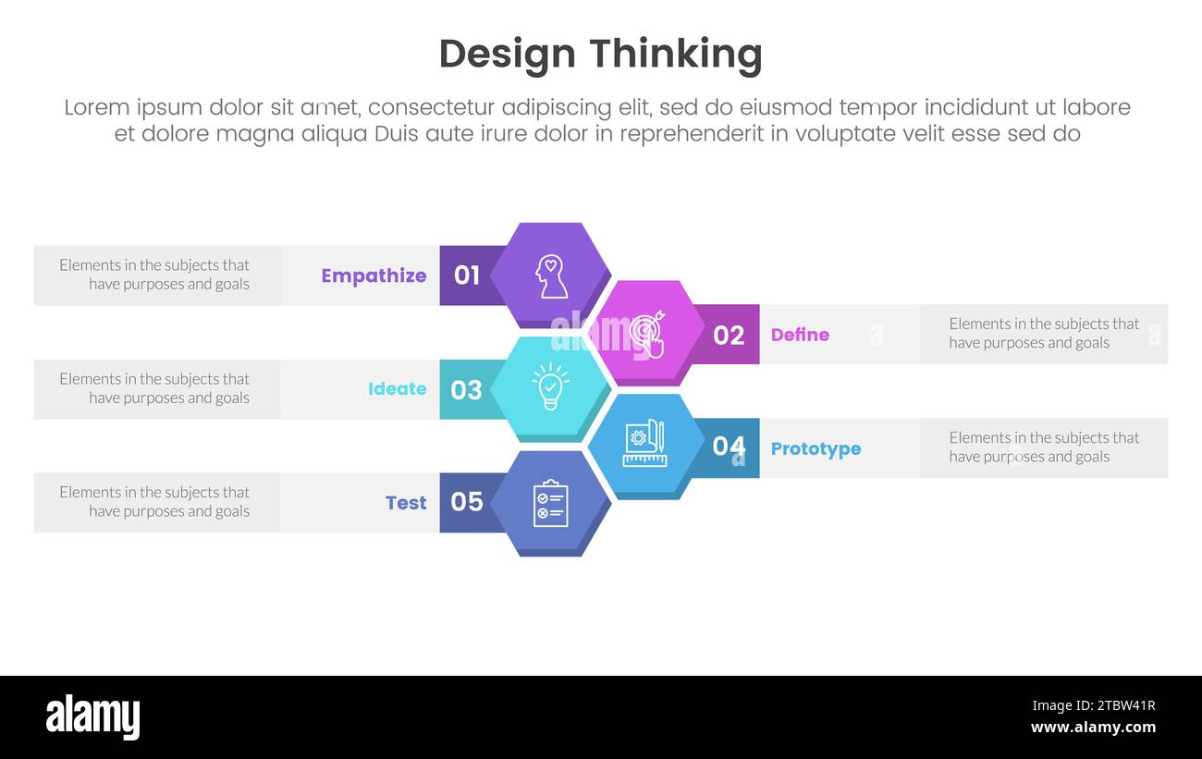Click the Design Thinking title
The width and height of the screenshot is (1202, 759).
point(600,54)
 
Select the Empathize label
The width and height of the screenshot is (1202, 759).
point(374,275)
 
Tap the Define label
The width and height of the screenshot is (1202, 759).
point(800,335)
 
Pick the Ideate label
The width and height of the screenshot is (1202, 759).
point(397,389)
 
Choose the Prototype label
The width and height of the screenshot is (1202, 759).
point(816,448)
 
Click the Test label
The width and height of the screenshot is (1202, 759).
point(406,503)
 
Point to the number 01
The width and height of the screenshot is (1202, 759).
point(467,275)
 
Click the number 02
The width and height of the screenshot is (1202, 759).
point(729,335)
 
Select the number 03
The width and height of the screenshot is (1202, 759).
point(467,389)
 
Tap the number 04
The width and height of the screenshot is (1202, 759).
point(729,447)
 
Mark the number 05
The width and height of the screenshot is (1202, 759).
point(467,502)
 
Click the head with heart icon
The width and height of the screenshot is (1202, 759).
point(551,276)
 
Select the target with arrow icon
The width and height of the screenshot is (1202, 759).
point(646,334)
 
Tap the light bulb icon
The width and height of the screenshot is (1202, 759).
point(550,386)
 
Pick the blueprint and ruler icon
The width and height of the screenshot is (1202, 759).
point(644,444)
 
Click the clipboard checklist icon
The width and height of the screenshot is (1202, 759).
point(551,503)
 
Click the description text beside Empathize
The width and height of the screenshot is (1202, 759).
point(154,275)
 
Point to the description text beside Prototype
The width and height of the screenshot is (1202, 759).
point(1044,447)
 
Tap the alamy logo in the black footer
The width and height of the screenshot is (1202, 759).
point(92,717)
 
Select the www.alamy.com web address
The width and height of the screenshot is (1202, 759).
point(1093,728)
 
